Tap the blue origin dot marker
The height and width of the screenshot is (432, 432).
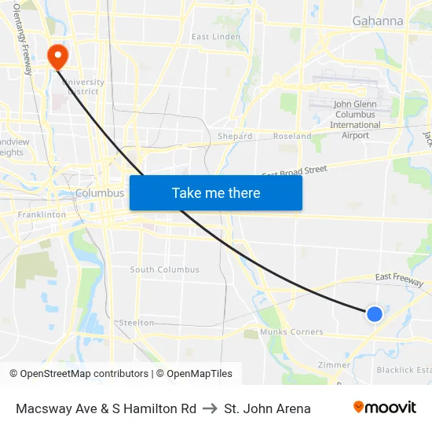point(375,314)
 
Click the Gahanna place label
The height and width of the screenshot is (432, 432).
point(378,20)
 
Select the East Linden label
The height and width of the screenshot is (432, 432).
point(216,37)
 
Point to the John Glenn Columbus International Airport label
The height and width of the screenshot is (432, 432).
point(355,119)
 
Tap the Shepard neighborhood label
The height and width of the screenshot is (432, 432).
point(235,136)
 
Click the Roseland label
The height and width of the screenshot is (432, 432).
point(292,136)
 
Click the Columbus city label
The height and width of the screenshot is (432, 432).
point(100,193)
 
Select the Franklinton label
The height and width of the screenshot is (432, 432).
point(42,214)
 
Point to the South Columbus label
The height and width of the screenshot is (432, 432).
point(165,270)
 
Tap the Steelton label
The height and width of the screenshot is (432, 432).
point(136,323)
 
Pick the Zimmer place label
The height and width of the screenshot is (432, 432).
point(334,365)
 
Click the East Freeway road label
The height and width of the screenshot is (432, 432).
point(399,277)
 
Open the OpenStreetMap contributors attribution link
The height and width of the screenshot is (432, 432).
point(84,374)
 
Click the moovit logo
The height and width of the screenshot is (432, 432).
point(385,408)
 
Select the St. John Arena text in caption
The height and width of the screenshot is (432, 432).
point(267,408)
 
